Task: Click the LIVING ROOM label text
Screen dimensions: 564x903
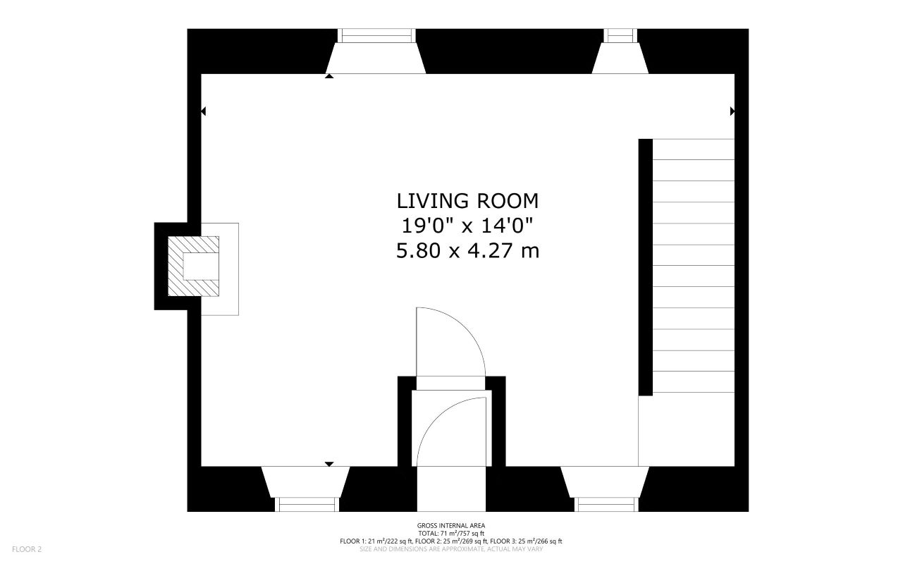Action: click(x=467, y=201)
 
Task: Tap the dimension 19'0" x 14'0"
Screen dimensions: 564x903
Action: click(x=467, y=226)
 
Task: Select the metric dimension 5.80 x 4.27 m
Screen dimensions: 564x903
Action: click(x=467, y=250)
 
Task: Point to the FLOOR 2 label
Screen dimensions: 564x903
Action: click(x=27, y=548)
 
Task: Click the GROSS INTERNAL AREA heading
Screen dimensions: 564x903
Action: click(x=450, y=525)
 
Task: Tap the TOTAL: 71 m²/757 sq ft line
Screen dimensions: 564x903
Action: click(x=450, y=534)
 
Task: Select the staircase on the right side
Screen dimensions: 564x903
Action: click(x=694, y=265)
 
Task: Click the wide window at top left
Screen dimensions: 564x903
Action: click(x=376, y=35)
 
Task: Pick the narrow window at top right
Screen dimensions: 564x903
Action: click(x=620, y=35)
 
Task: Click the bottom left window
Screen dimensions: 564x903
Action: click(x=306, y=504)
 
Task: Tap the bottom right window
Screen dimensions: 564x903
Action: click(x=607, y=504)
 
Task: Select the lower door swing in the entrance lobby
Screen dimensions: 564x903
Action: click(x=451, y=430)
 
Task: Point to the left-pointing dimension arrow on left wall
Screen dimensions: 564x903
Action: click(x=203, y=111)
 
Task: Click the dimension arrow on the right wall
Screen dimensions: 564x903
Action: click(x=732, y=111)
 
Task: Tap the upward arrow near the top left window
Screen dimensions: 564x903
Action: click(x=329, y=76)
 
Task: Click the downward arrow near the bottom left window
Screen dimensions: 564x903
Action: click(x=328, y=464)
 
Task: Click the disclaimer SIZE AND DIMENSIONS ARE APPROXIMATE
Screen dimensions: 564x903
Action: click(x=450, y=548)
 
